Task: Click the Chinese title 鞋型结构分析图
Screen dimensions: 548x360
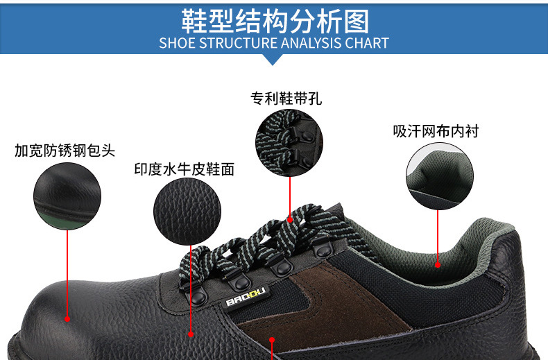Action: click(275, 22)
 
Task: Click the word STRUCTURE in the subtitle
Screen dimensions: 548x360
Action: click(238, 43)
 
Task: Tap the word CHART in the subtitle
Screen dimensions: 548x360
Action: click(367, 43)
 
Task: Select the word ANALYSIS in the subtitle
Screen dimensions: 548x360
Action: click(311, 43)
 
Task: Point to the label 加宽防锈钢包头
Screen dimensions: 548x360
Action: click(65, 151)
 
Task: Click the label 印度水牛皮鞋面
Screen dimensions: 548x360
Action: click(185, 169)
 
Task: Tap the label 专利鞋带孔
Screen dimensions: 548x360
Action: click(286, 98)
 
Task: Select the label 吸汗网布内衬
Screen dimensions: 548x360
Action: click(436, 131)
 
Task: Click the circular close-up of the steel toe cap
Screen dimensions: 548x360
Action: click(67, 196)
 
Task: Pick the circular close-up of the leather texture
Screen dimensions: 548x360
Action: click(187, 212)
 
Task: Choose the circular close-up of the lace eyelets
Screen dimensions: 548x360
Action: click(289, 143)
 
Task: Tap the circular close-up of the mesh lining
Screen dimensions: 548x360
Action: click(440, 176)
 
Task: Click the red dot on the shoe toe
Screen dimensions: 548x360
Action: click(67, 319)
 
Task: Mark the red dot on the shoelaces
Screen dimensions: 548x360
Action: click(290, 220)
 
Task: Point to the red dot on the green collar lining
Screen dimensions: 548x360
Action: click(438, 265)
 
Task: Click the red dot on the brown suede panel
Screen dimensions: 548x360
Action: click(272, 340)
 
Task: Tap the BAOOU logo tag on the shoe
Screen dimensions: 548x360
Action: click(246, 297)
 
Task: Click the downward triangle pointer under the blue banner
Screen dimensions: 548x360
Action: click(273, 60)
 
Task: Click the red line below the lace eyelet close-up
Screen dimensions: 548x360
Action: click(290, 197)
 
